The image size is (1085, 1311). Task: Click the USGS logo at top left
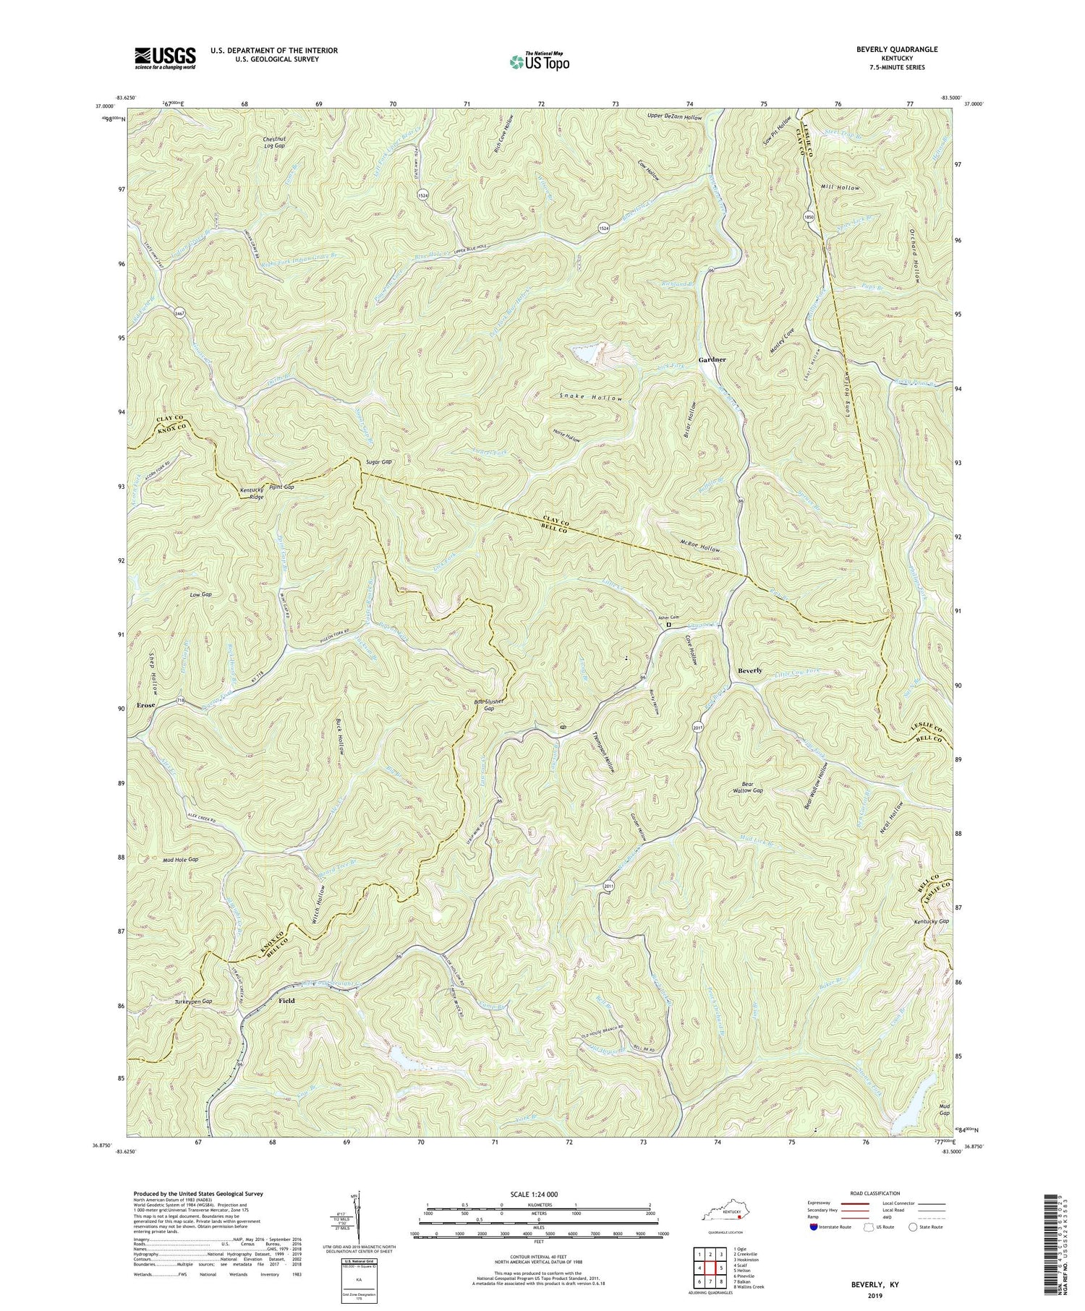click(165, 57)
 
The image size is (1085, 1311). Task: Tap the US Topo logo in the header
click(539, 61)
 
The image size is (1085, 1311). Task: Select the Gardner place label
click(712, 359)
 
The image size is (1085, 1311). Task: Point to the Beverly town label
click(749, 670)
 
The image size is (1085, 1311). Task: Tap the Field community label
click(286, 1000)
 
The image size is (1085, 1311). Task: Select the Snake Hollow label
click(591, 398)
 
